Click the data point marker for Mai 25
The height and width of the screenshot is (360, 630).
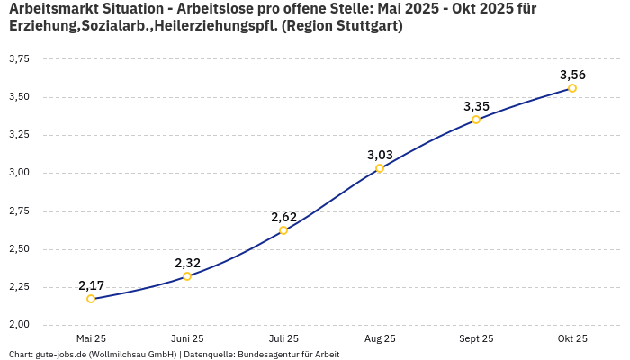(x=91, y=299)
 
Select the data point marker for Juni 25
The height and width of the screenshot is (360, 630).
(x=187, y=276)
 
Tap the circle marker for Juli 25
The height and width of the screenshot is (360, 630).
(x=283, y=230)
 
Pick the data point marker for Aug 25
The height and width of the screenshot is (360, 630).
(x=380, y=168)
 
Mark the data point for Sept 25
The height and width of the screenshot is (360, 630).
(x=476, y=120)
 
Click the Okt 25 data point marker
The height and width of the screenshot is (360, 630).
(x=572, y=88)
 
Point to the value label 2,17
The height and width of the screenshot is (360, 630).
(x=91, y=285)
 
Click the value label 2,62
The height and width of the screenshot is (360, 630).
(x=283, y=217)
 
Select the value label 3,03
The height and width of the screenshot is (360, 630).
(x=380, y=155)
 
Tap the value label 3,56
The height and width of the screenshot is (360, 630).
(x=572, y=75)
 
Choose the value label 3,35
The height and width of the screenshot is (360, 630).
(x=476, y=106)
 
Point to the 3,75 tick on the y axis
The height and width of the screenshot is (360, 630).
(x=18, y=58)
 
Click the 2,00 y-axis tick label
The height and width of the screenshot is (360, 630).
(x=18, y=324)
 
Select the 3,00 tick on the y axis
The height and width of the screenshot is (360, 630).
(x=18, y=173)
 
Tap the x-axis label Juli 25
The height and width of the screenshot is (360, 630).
(x=283, y=338)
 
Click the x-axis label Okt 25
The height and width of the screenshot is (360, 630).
(x=572, y=338)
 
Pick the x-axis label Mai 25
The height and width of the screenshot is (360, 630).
(x=91, y=338)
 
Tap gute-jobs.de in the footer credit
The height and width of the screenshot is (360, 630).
(x=61, y=355)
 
